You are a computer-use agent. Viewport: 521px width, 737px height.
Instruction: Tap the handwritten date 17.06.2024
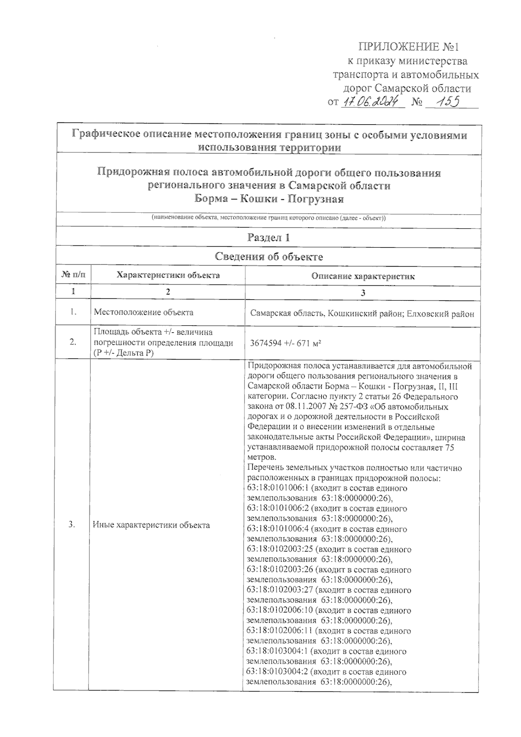click(x=373, y=102)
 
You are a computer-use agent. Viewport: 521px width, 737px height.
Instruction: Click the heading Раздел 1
click(x=268, y=238)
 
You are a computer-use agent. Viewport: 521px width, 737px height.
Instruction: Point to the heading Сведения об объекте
click(x=269, y=257)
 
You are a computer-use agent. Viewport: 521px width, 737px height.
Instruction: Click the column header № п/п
click(x=73, y=275)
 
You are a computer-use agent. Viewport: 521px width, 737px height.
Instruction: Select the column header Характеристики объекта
click(x=168, y=275)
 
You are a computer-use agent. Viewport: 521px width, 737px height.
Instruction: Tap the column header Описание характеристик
click(x=363, y=276)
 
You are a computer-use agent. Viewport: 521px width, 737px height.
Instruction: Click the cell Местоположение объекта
click(x=144, y=312)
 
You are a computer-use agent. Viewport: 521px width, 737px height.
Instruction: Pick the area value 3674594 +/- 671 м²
click(x=286, y=343)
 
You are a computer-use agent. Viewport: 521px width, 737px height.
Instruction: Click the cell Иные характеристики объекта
click(x=151, y=525)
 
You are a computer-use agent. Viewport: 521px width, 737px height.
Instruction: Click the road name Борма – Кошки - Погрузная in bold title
click(x=269, y=199)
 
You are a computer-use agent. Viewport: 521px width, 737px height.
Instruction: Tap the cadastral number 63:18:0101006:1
click(x=275, y=488)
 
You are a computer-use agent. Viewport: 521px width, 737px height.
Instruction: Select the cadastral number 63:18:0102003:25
click(x=280, y=549)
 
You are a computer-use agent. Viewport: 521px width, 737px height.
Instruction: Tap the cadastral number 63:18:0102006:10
click(x=280, y=611)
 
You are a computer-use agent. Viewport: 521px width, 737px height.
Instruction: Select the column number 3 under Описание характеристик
click(x=363, y=293)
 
